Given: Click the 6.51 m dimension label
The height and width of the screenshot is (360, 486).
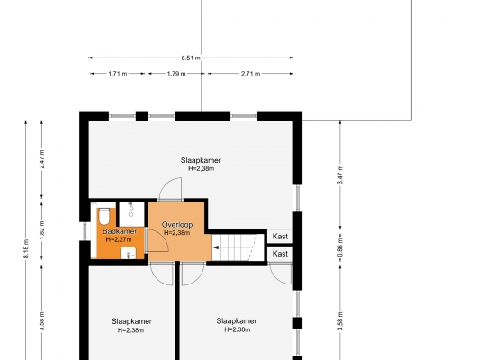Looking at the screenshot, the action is pos(190,58).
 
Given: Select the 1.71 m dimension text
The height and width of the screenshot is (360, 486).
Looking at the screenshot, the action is pos(118,74).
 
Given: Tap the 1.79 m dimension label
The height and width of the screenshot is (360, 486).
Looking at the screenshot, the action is pos(176,74).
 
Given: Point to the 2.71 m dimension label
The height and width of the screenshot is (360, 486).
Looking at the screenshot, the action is pos(250,74).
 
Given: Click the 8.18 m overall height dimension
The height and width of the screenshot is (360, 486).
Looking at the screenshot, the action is pos(26,248).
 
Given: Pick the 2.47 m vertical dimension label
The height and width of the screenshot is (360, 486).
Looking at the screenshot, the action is pos(42,159).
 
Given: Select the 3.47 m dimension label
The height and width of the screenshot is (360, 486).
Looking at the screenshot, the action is pos(340,175).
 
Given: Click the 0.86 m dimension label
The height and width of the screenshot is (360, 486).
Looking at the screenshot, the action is pos(340,248).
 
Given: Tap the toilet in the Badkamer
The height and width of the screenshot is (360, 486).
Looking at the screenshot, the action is pos(104,216).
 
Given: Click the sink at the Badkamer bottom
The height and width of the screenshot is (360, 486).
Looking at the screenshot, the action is pos(129,253).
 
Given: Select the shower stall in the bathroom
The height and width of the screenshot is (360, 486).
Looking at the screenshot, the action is pos(131,214).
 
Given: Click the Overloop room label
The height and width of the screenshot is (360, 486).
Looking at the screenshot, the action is pos(177,224).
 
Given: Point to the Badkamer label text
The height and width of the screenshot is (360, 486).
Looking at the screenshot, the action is pos(120,231).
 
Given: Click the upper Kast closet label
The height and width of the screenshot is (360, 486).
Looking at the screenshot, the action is pos(280,237).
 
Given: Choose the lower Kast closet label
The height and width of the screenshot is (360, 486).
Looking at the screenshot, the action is pos(280,254).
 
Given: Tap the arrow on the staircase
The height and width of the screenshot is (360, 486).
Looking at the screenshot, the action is pos(216,247).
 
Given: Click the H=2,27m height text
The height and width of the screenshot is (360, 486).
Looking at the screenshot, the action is pos(119,239).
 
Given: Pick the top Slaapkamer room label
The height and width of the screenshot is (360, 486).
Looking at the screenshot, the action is pos(201,160).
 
